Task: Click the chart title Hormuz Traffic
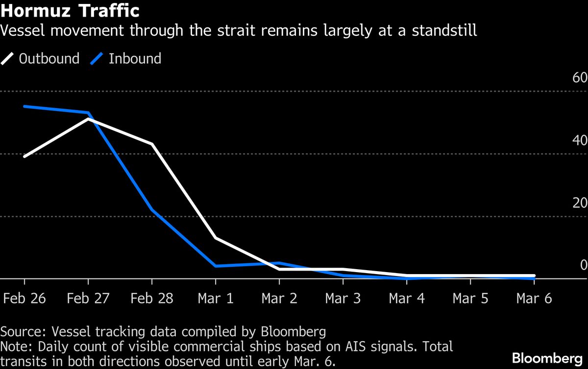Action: coord(70,11)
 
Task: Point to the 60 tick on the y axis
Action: coord(580,78)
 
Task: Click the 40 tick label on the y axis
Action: coord(580,140)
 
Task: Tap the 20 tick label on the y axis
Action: coord(580,203)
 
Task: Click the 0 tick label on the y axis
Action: coord(583,265)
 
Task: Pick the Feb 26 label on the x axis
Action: coord(24,299)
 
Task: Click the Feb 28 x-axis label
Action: coord(152,299)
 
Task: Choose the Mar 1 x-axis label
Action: coord(216,299)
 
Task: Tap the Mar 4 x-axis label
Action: coord(407,299)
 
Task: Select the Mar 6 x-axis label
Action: coord(534,299)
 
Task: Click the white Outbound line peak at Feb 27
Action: coord(88,119)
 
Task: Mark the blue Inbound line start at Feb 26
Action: coord(24,106)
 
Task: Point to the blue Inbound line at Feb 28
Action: coord(152,210)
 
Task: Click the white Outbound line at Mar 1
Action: coord(216,238)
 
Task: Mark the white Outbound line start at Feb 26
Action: coord(24,156)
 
